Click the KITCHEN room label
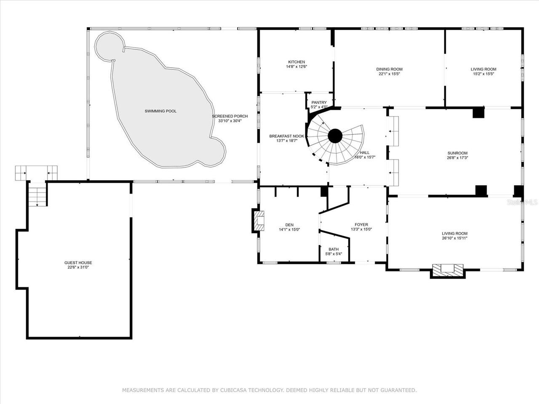click(296, 62)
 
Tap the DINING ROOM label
click(389, 69)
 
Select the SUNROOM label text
click(457, 153)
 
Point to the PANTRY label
click(319, 103)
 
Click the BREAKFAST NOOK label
click(286, 136)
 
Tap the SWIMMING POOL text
click(160, 111)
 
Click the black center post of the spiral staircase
click(335, 136)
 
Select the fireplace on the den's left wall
click(259, 220)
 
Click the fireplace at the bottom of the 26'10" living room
click(448, 270)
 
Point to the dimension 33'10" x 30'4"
click(229, 121)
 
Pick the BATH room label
click(334, 249)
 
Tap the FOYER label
click(361, 225)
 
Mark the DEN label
click(289, 225)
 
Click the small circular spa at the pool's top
click(109, 45)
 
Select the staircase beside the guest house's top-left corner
click(37, 194)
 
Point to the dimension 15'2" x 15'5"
click(483, 74)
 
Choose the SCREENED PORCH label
click(229, 116)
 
